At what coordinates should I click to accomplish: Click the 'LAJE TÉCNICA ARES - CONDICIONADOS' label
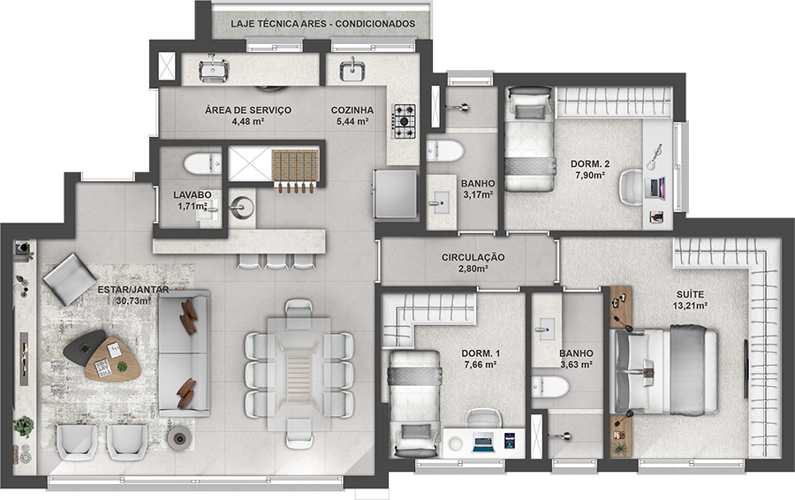(322, 24)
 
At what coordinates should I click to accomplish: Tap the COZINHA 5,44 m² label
(352, 116)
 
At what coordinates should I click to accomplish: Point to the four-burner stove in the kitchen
(405, 121)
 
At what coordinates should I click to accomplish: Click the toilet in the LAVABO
(202, 163)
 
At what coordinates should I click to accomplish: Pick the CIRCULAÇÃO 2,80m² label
(473, 262)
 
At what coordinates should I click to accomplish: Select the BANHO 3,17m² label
(477, 190)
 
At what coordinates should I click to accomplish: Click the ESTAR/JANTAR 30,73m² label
(134, 295)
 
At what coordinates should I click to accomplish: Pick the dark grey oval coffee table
(84, 345)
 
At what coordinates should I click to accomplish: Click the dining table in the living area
(299, 371)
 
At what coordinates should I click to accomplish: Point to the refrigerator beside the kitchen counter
(395, 192)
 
